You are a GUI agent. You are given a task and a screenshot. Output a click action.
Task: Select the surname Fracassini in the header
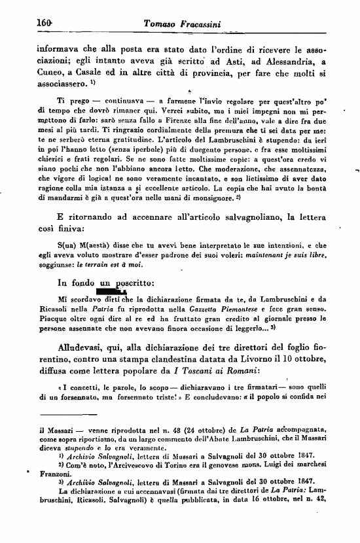[191, 24]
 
